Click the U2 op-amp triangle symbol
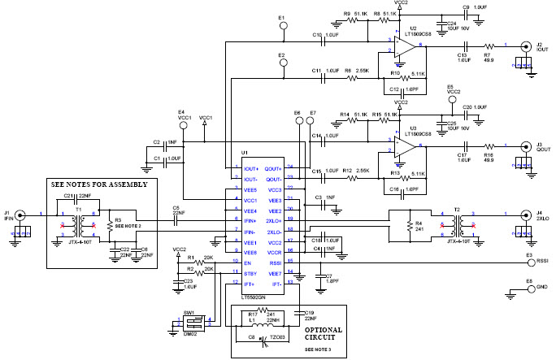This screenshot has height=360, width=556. pos(407,46)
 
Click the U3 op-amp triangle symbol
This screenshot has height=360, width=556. pos(407,147)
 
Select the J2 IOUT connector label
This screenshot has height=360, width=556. pos(539,46)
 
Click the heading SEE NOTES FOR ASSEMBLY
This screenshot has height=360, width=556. pos(98,184)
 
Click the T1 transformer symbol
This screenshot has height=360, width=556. pos(79,225)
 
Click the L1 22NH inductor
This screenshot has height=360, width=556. pos(269,323)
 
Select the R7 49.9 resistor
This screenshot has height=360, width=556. pos(489,47)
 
